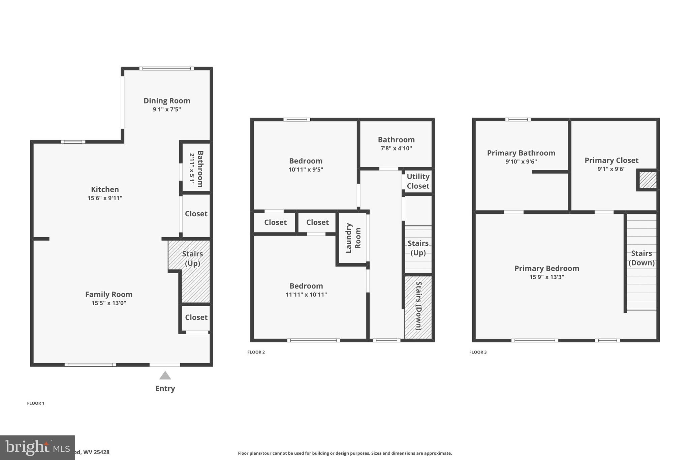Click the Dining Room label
167,101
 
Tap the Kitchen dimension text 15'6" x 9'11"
105,198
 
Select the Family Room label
108,295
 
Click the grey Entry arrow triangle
165,376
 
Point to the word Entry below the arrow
165,389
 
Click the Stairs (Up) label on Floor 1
192,258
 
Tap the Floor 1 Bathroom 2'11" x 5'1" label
196,169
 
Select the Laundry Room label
353,238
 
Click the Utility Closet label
418,181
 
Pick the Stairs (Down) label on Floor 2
418,306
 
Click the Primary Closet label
611,160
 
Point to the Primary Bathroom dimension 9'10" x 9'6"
521,162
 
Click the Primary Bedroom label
546,269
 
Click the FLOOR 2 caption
256,352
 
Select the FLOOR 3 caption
478,352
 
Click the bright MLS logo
37,448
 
